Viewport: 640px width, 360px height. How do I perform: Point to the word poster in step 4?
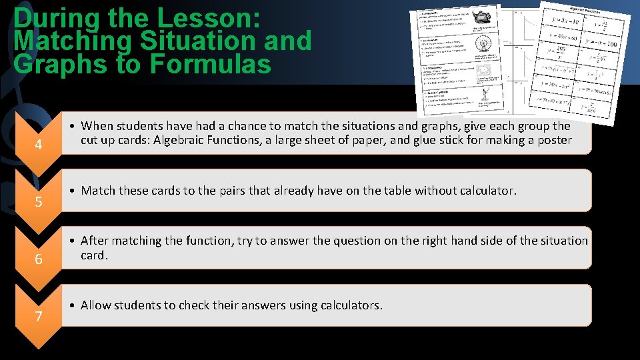[554, 140]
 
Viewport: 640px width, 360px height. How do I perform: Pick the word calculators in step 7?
[353, 305]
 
